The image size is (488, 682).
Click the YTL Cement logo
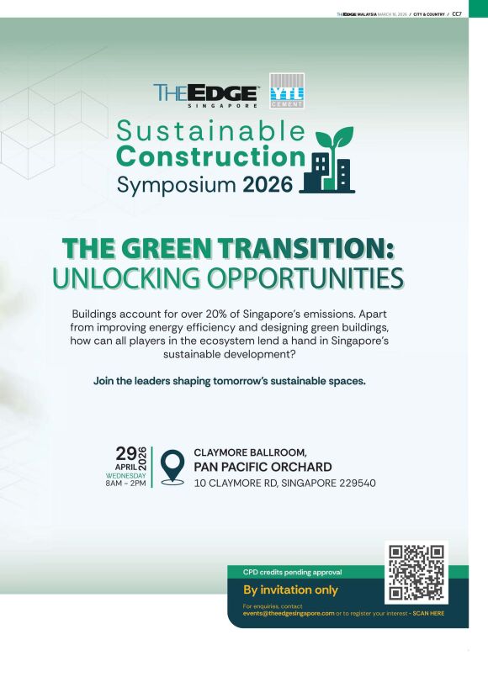point(287,91)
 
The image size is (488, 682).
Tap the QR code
point(416,573)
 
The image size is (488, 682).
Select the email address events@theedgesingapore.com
point(289,613)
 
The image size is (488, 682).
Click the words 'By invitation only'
point(290,589)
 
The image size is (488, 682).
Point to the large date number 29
point(126,453)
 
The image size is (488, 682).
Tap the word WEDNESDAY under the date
point(126,476)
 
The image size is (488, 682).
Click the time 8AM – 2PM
point(126,483)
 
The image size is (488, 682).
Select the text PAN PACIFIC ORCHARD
point(263,467)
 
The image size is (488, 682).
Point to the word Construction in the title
point(211,156)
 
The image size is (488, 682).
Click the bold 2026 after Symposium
point(268,185)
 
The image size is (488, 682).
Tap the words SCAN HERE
point(428,613)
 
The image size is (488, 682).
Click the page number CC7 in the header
point(457,14)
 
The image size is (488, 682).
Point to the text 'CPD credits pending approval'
point(292,573)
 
